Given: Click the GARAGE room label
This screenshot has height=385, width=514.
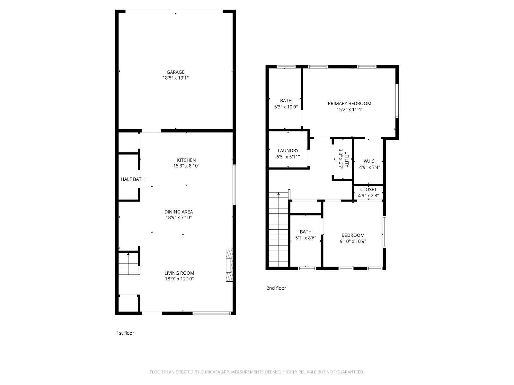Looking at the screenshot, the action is (x=175, y=72).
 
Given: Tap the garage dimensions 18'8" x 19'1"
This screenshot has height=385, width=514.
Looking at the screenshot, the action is (x=175, y=78).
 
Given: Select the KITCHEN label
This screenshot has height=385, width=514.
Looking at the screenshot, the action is (x=186, y=160).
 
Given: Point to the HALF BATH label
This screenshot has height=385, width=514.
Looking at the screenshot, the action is (x=133, y=179).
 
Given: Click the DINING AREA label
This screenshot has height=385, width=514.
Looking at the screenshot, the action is (x=178, y=212).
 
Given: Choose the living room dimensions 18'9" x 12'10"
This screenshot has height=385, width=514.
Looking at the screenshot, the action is (x=179, y=278).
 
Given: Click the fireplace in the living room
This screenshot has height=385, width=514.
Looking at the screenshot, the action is (x=229, y=265).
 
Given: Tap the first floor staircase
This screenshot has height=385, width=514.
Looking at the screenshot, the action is (x=128, y=263).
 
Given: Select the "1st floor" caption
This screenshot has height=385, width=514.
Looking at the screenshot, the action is (x=125, y=333).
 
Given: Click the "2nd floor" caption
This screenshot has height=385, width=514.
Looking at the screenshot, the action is (x=276, y=288).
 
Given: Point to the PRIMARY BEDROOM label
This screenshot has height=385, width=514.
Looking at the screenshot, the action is (x=350, y=104).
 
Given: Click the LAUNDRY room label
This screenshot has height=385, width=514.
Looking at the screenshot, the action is (x=288, y=151).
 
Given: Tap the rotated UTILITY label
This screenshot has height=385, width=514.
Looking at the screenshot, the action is (x=347, y=159).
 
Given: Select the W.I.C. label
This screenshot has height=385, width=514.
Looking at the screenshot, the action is (x=369, y=161).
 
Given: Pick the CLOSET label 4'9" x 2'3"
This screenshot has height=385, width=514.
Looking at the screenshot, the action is (x=368, y=193).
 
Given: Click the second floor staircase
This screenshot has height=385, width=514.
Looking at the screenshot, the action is (x=278, y=229).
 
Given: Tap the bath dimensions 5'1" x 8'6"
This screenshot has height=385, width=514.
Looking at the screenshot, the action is (x=306, y=238).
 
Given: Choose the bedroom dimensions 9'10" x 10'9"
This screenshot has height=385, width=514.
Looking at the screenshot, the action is (x=353, y=241).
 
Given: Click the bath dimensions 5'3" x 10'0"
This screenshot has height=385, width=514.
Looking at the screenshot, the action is (x=286, y=107).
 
